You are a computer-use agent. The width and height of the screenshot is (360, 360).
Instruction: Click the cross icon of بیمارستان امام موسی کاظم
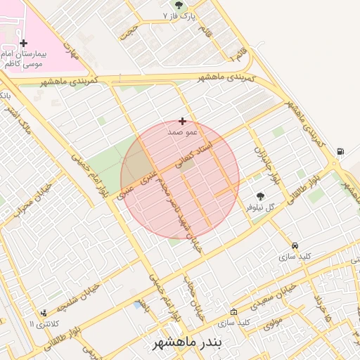tap(23, 44)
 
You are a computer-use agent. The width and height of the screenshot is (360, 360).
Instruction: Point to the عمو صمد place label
tap(183, 131)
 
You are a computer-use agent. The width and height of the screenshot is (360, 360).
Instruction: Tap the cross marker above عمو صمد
tap(183, 122)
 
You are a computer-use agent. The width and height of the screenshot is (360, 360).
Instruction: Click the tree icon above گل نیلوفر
tap(261, 197)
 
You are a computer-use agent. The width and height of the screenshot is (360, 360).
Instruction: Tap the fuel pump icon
tap(340, 151)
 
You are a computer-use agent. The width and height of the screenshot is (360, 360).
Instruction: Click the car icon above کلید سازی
tap(295, 246)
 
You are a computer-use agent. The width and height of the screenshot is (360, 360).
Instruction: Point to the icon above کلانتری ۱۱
tap(44, 313)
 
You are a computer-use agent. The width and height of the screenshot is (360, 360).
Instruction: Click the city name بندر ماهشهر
tap(187, 342)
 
